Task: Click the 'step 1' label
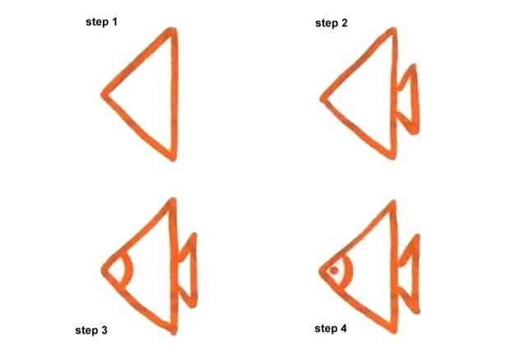tap(102, 21)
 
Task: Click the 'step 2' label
tap(331, 23)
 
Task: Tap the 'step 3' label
tap(91, 330)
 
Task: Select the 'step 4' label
tap(331, 329)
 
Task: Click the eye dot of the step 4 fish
tap(335, 269)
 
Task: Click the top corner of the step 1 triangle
tap(173, 32)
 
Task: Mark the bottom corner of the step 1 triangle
tap(173, 156)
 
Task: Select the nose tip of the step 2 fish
tap(322, 99)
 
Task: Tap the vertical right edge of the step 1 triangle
tap(174, 95)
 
